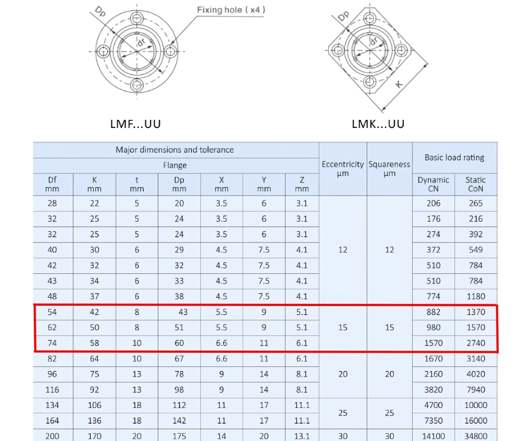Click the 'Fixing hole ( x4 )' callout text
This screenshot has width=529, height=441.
[x=231, y=10]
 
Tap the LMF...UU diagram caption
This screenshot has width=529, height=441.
[x=135, y=124]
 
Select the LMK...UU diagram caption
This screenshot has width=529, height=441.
[x=378, y=124]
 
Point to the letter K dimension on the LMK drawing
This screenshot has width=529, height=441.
[x=399, y=84]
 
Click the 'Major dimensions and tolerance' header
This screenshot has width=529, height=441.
[x=175, y=150]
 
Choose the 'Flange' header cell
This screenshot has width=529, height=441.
[x=175, y=165]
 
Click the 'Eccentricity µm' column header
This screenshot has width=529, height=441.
[x=343, y=169]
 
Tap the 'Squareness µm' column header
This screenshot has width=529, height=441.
[x=389, y=169]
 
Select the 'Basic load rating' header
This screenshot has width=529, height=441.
[x=454, y=157]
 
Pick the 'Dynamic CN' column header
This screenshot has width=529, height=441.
[x=433, y=184]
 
